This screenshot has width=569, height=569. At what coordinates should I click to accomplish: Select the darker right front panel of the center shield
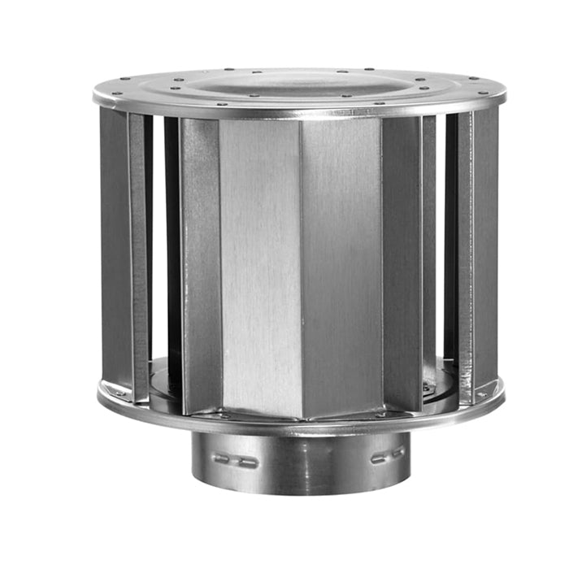click(341, 260)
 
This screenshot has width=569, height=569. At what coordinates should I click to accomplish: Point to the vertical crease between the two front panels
click(302, 260)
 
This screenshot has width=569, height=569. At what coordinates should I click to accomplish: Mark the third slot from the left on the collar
click(378, 457)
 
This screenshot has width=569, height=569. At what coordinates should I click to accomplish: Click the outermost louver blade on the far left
click(114, 244)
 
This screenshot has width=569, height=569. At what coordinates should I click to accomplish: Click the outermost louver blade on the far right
click(487, 244)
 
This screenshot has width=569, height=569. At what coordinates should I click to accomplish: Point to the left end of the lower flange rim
click(99, 396)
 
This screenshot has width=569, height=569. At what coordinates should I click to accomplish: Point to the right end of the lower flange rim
click(503, 396)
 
